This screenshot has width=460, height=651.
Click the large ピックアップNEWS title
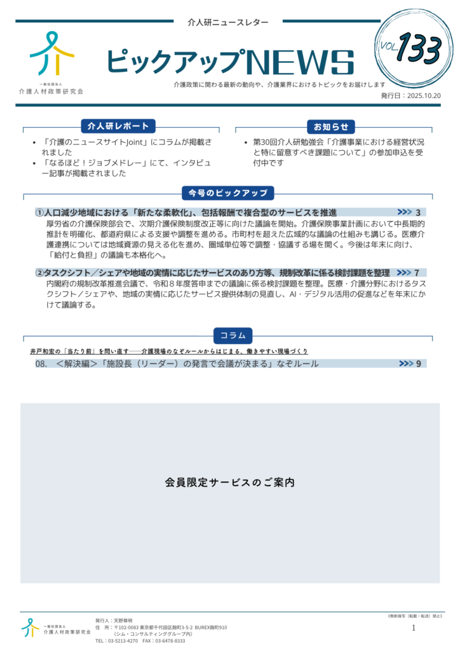click(x=229, y=62)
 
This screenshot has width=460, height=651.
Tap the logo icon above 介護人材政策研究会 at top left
click(x=51, y=54)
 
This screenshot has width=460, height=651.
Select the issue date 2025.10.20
click(x=423, y=95)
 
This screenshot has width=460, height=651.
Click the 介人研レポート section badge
click(x=118, y=127)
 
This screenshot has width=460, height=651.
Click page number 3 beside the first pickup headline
click(x=418, y=212)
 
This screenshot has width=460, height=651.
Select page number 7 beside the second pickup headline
click(x=416, y=273)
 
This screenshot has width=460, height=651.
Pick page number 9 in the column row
click(x=419, y=364)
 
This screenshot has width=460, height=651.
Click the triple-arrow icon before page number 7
click(x=403, y=273)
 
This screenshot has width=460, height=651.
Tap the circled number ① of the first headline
click(x=39, y=212)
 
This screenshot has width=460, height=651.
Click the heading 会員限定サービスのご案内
click(x=229, y=483)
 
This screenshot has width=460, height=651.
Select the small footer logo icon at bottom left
click(x=30, y=627)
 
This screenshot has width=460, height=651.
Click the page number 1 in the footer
click(x=414, y=627)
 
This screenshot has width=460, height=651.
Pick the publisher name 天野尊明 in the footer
click(x=123, y=620)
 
